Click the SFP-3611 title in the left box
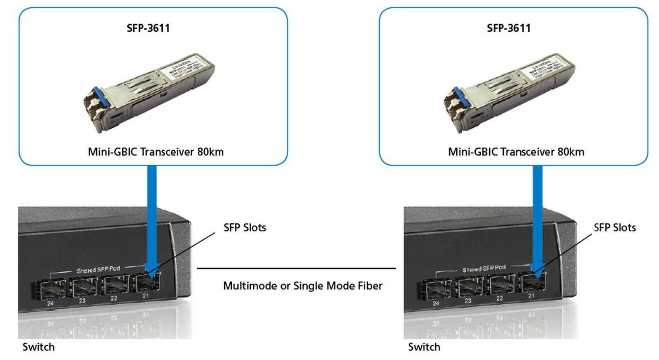148,28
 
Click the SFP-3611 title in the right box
509,28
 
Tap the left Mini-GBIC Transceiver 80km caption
156,152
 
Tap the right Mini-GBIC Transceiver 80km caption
516,152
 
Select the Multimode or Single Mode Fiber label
303,285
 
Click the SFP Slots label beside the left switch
245,227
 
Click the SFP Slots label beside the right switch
615,227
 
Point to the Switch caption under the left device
38,347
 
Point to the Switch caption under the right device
424,347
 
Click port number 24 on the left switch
50,303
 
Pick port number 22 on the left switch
114,298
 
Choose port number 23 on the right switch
467,301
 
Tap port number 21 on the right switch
531,296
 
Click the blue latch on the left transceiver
98,97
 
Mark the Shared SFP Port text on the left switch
98,269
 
